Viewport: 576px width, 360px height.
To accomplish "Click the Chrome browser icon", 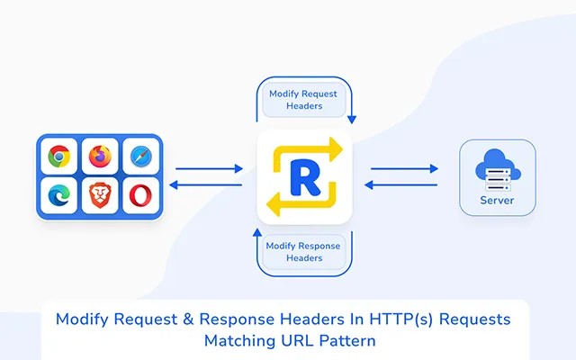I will [x=59, y=157].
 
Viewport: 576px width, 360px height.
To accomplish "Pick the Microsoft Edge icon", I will [x=59, y=195].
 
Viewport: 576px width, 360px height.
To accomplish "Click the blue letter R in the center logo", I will [x=303, y=176].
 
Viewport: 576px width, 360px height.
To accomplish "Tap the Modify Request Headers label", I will [x=304, y=100].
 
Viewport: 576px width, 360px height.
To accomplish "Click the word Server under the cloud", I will [x=498, y=200].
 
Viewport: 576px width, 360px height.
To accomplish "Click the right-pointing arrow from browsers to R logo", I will [x=209, y=168].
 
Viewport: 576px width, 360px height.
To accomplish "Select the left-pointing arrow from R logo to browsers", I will [x=209, y=185].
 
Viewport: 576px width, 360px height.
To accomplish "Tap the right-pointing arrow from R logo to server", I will [x=404, y=168].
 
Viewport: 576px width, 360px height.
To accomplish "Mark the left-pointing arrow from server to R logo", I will [x=404, y=185].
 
